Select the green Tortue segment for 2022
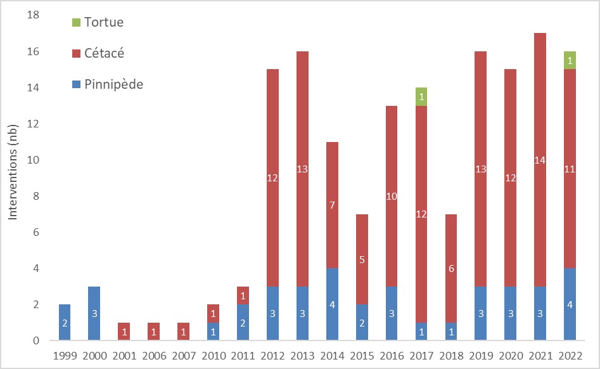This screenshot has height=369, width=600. (570, 60)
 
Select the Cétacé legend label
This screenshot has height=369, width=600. (104, 53)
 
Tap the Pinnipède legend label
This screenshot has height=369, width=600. (113, 84)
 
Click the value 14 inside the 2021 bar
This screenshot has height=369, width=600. (539, 160)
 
